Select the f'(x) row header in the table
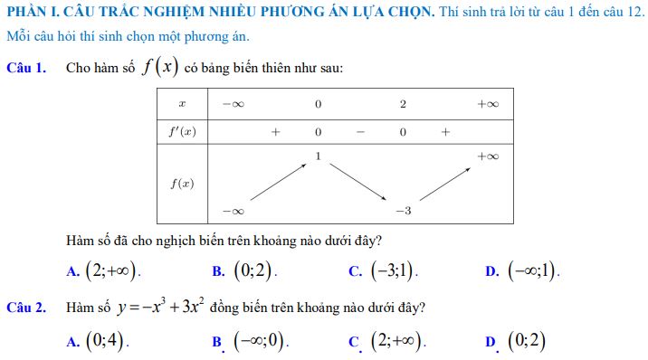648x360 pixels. (x=182, y=131)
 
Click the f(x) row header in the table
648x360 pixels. (x=182, y=184)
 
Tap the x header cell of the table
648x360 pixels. (x=182, y=104)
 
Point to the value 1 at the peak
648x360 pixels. (x=318, y=156)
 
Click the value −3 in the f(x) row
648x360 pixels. (x=403, y=211)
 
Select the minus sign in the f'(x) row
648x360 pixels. (x=360, y=131)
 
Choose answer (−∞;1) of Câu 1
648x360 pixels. (x=532, y=270)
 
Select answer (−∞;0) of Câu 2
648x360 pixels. (x=259, y=341)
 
